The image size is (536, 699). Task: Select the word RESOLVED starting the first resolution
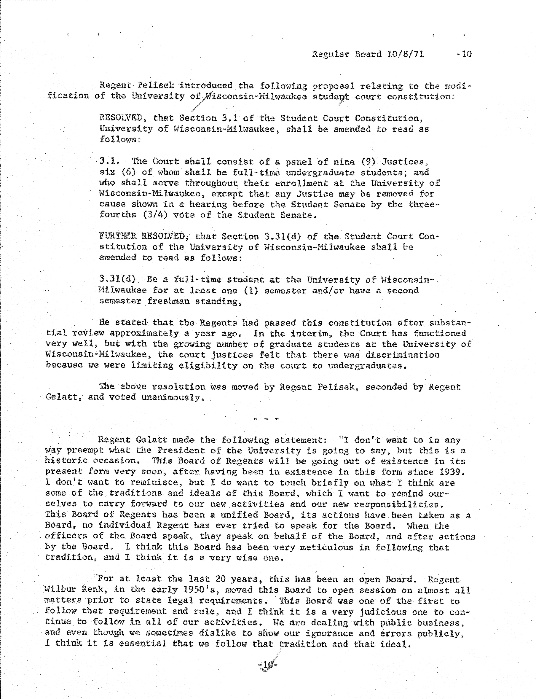(x=120, y=118)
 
